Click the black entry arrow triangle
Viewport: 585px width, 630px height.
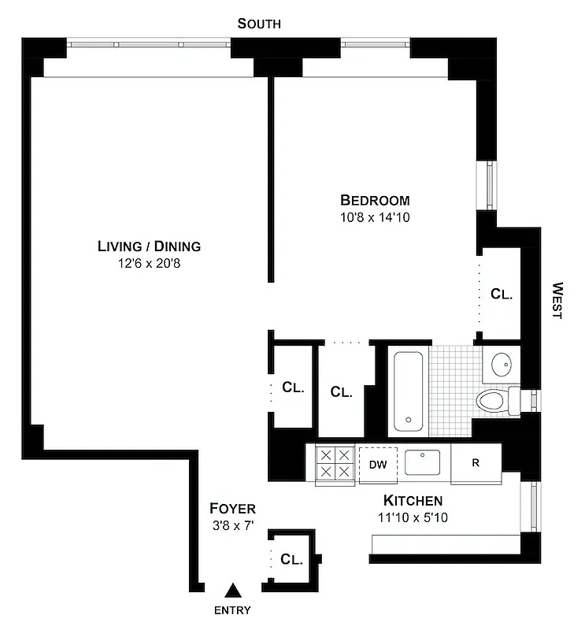point(233,590)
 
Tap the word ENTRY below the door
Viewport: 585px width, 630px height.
point(232,610)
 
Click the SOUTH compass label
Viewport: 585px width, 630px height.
point(259,24)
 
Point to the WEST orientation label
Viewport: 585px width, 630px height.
point(557,300)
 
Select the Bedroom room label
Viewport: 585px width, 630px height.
point(375,200)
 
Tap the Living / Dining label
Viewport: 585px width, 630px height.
point(150,246)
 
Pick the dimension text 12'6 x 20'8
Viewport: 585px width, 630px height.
point(150,263)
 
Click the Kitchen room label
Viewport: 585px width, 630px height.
point(413,501)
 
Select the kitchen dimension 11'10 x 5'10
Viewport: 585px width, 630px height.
point(413,518)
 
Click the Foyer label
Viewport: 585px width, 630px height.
point(232,509)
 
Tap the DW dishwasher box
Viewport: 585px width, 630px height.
point(378,464)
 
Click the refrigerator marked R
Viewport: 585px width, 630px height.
point(476,463)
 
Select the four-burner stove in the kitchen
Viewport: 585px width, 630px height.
point(334,464)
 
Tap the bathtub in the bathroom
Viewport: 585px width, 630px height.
point(409,391)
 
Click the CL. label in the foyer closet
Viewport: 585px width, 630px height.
point(291,560)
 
